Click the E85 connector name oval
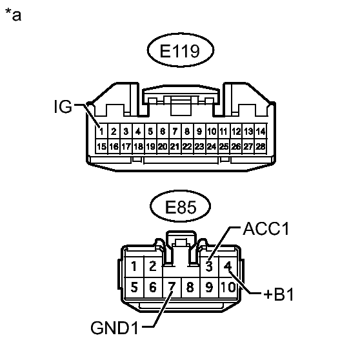pyautogui.click(x=179, y=207)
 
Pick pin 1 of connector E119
pyautogui.click(x=101, y=132)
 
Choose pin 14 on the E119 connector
pyautogui.click(x=261, y=132)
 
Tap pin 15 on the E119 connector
pyautogui.click(x=101, y=146)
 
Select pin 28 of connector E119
pyautogui.click(x=261, y=146)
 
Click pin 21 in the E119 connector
pyautogui.click(x=175, y=146)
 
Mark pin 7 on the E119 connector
pyautogui.click(x=175, y=132)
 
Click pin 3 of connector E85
pyautogui.click(x=209, y=266)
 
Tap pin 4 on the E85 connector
pyautogui.click(x=228, y=266)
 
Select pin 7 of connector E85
pyautogui.click(x=172, y=286)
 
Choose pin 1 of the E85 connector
pyautogui.click(x=133, y=266)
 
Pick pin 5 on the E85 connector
pyautogui.click(x=133, y=286)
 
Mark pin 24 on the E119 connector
pyautogui.click(x=212, y=146)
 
